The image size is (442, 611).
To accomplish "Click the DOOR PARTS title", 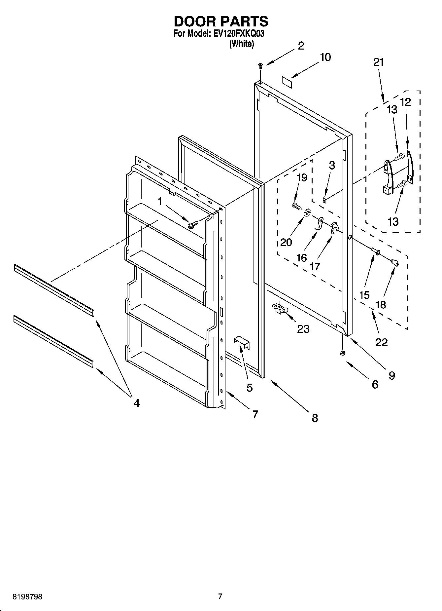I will (221, 21).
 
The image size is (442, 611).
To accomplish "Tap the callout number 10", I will (325, 57).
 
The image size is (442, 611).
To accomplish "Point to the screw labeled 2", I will (260, 65).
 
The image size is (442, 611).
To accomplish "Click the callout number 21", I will (379, 62).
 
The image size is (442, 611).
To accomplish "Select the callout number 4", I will (137, 402).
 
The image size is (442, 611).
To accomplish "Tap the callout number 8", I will (315, 418).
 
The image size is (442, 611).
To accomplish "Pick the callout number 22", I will (381, 342).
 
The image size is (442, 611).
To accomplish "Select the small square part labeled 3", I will (324, 199).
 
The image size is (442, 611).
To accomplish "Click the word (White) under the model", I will (242, 44).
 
